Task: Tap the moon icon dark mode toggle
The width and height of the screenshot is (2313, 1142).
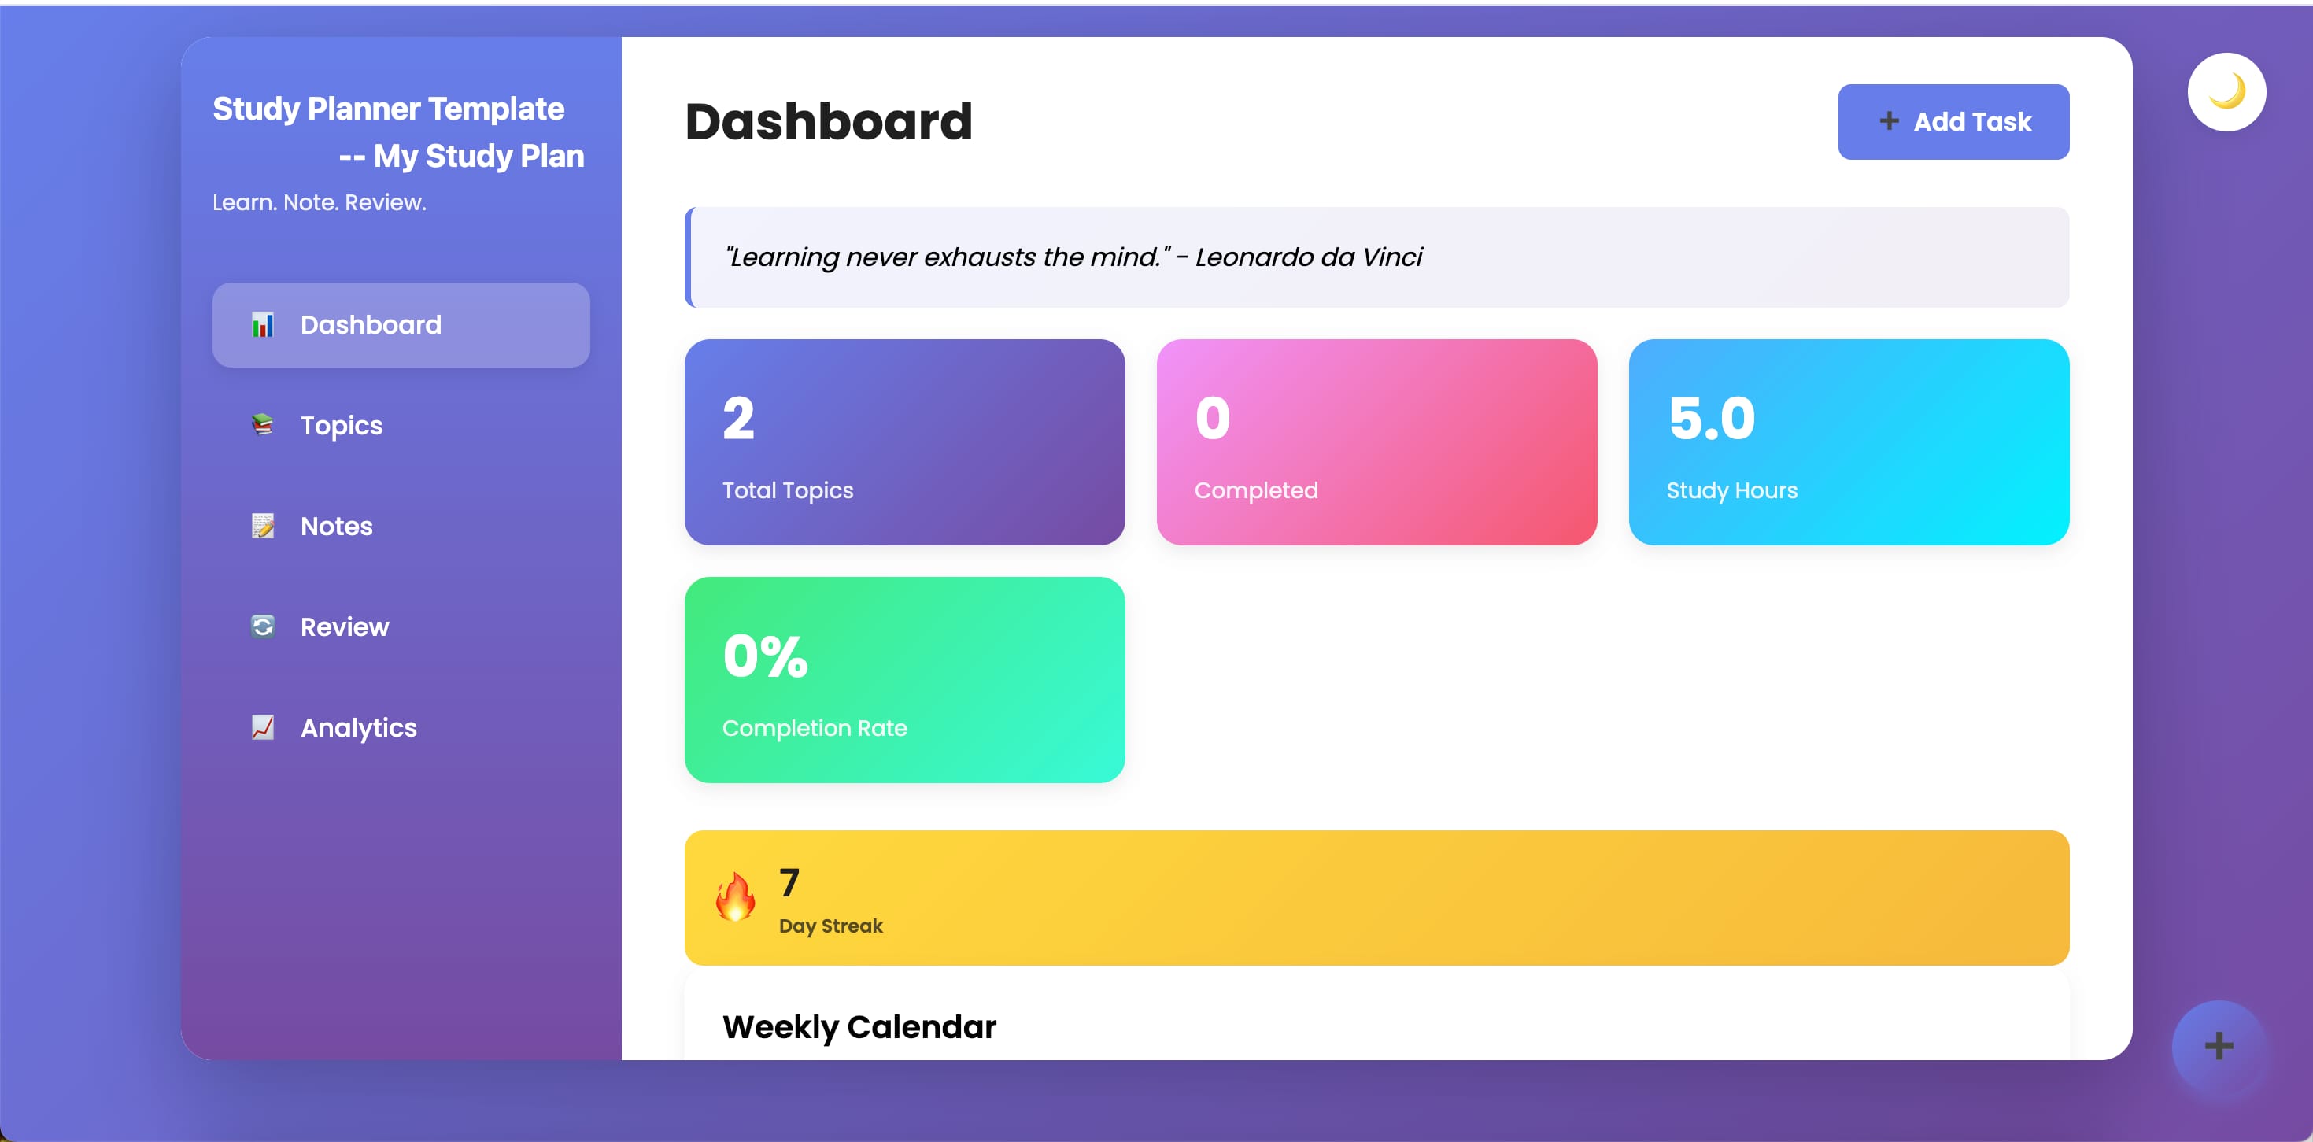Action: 2226,91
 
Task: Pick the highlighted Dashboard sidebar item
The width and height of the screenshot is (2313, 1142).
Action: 401,325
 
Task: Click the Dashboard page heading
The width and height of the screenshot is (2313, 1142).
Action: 829,121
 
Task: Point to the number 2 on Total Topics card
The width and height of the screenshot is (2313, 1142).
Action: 738,419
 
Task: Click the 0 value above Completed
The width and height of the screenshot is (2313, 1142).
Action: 1212,419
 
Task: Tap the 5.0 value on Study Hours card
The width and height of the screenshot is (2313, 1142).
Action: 1712,419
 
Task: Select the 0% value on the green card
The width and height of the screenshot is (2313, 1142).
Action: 765,656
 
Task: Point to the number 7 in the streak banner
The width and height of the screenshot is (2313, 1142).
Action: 789,882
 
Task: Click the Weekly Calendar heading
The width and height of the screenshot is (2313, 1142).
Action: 859,1027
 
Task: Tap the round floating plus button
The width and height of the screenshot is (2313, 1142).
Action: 2219,1046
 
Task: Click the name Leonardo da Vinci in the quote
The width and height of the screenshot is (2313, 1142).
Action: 1308,257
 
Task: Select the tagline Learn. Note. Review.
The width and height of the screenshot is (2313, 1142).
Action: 319,203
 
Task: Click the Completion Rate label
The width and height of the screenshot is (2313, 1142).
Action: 815,728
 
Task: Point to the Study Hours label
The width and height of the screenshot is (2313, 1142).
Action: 1732,490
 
